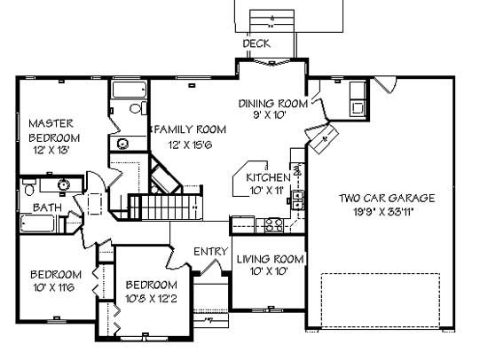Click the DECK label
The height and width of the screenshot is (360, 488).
coord(256,43)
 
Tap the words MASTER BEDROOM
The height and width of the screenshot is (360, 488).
coord(55,130)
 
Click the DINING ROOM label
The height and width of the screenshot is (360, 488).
coord(272,104)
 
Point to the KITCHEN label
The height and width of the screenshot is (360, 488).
coord(267,177)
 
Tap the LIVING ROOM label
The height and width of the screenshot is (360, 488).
coord(270,259)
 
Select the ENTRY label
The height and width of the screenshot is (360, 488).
coord(211,252)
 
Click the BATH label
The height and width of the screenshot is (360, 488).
coord(48,207)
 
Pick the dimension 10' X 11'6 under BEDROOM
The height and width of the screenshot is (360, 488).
coord(53,288)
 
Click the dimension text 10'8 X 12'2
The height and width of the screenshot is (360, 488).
coord(150,299)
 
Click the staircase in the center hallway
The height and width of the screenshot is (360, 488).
coord(167,208)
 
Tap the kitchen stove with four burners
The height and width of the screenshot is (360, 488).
coord(274,224)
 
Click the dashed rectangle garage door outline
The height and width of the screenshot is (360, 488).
coord(381,301)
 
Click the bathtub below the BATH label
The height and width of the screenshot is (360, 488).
coord(46,224)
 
